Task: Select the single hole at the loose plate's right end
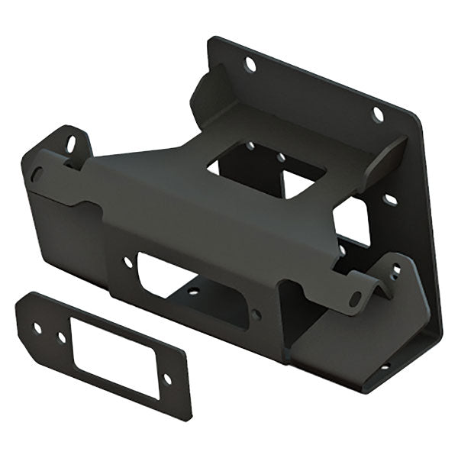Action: pos(168,379)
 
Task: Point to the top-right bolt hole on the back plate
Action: pos(377,114)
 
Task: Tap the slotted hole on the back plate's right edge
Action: pos(390,200)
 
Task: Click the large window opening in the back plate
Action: pos(353,221)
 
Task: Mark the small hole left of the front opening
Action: pos(127,262)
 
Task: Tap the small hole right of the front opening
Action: pos(256,314)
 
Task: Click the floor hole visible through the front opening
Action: pos(194,291)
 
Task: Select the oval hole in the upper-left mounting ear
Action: pos(71,143)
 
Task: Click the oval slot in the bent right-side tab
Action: pos(356,298)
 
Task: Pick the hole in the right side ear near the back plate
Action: pos(395,269)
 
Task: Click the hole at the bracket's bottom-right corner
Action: pos(384,366)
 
